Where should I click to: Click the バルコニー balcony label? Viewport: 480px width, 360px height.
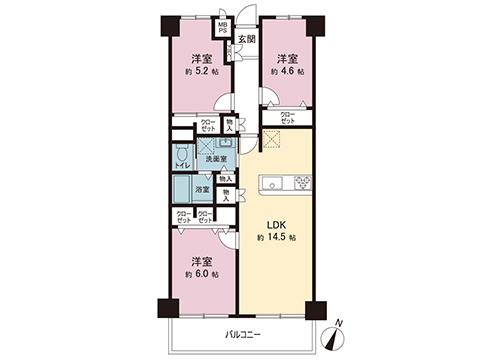[240, 333]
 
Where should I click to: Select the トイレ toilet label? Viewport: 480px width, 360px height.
[182, 166]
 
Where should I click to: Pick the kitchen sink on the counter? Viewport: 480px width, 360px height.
[273, 182]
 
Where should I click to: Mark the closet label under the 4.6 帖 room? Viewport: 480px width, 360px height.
[287, 118]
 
